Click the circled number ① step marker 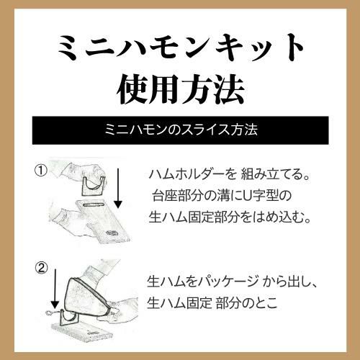[41, 171]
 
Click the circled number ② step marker [42, 268]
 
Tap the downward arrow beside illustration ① [118, 189]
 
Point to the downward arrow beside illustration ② [55, 289]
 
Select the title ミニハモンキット [181, 48]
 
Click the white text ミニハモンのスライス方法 [181, 130]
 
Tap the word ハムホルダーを [192, 174]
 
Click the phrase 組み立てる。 [275, 174]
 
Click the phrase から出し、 [290, 282]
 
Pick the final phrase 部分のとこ [246, 303]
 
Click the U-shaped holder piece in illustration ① [94, 186]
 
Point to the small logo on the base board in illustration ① [111, 233]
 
